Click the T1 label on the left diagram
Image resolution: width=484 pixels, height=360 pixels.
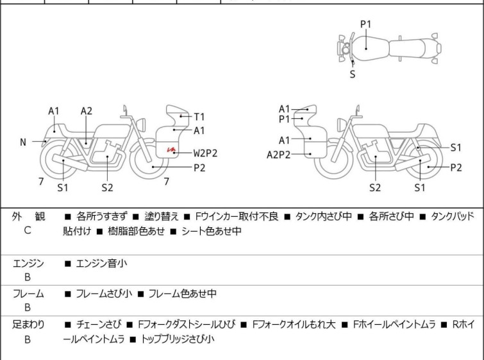199,117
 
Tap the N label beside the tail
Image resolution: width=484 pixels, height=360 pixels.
23,142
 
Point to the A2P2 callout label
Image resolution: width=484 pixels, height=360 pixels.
279,154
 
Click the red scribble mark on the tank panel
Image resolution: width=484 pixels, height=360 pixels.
171,150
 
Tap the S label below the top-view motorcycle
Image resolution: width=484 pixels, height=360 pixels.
352,74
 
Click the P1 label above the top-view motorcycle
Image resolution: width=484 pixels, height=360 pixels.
365,24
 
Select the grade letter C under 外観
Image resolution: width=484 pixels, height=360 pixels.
28,231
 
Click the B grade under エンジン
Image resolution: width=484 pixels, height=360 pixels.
28,277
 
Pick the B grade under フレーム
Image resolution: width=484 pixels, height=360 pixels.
28,308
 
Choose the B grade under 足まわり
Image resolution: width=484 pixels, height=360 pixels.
28,339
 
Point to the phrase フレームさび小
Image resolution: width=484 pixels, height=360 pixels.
104,294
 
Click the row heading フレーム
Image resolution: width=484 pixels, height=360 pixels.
28,294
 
